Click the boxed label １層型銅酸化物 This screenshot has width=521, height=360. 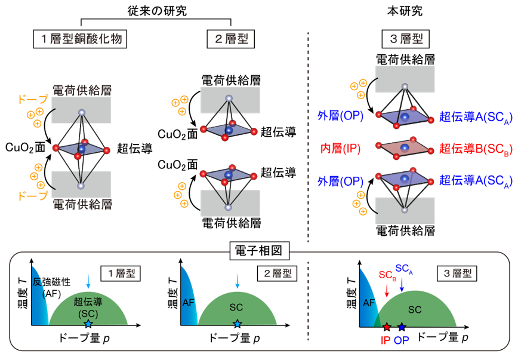(x=80, y=39)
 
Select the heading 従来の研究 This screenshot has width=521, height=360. (x=157, y=11)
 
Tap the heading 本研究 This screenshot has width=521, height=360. (x=405, y=11)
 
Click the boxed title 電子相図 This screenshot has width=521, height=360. (x=259, y=251)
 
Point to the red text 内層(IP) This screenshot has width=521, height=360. (x=340, y=148)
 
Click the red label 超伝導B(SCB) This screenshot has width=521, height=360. (x=476, y=149)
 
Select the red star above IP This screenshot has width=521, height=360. (x=387, y=327)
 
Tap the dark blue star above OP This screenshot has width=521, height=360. (x=402, y=327)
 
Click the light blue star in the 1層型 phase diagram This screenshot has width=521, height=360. (x=88, y=324)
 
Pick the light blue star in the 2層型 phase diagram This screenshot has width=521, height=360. (x=237, y=324)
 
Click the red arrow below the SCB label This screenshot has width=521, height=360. (x=387, y=290)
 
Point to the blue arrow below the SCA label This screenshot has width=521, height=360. (x=402, y=285)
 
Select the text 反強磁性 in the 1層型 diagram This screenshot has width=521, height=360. (x=51, y=282)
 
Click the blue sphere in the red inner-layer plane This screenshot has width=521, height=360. (x=405, y=147)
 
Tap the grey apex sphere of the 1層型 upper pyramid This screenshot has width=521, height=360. (x=82, y=112)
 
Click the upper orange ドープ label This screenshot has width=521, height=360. (x=33, y=99)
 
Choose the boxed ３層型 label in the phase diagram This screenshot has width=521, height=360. (x=457, y=273)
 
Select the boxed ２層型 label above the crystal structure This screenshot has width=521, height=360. (x=231, y=39)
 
